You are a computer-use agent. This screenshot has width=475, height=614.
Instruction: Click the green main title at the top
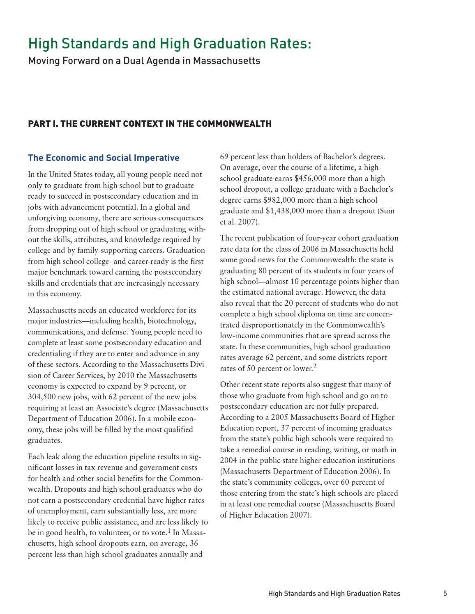point(169,44)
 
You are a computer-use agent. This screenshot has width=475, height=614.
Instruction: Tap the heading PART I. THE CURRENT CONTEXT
point(150,124)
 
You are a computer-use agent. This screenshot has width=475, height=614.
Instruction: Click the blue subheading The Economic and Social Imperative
point(104,158)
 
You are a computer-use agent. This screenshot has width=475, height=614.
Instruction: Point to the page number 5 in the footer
point(445,593)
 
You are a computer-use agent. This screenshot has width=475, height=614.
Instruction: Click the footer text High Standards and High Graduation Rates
point(334,593)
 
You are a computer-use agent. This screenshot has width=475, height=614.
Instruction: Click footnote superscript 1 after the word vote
point(168,531)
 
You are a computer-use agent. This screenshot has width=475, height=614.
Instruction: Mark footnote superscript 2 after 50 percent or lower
point(315,366)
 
